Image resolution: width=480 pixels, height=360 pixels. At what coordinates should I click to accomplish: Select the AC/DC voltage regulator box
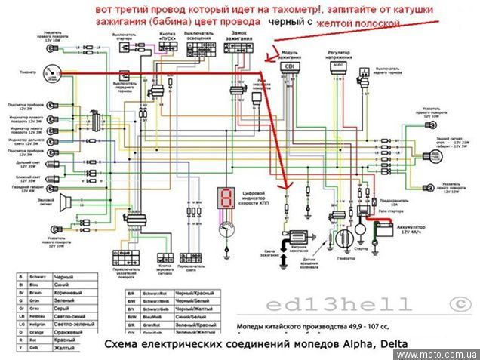[x=337, y=66]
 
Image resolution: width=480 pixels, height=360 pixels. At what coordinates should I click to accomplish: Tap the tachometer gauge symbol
[x=51, y=72]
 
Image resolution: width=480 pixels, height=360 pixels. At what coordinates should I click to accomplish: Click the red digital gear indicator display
[x=224, y=197]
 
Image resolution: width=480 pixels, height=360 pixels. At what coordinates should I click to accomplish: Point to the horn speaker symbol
[x=66, y=202]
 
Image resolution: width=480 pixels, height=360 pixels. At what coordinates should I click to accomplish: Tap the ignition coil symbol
[x=294, y=234]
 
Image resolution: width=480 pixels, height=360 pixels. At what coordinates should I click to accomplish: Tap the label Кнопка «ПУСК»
[x=168, y=36]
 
